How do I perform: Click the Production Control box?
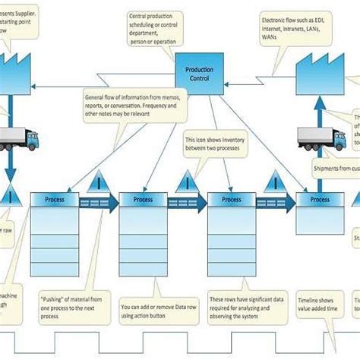click(x=199, y=73)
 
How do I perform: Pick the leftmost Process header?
click(x=54, y=199)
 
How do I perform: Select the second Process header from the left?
click(x=143, y=199)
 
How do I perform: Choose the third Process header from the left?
click(x=231, y=199)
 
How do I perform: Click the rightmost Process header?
click(x=320, y=199)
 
